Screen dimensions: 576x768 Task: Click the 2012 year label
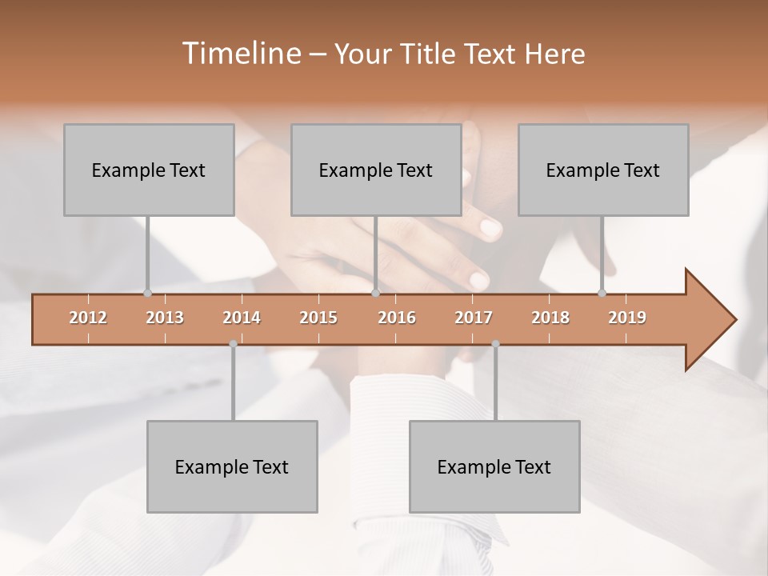coord(88,318)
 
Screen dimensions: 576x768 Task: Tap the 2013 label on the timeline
coord(165,318)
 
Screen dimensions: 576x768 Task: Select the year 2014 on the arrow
coord(242,318)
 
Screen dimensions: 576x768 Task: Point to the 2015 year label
coord(318,318)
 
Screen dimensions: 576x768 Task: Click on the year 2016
coord(397,318)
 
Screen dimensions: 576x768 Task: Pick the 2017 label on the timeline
coord(474,318)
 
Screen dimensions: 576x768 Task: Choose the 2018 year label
coord(550,318)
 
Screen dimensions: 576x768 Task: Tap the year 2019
coord(627,318)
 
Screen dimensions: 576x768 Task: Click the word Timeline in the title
coord(239,54)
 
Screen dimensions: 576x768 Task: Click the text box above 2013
coord(149,170)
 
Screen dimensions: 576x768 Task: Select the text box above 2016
coord(376,170)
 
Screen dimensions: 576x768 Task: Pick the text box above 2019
coord(603,170)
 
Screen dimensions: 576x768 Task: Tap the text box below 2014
coord(232,466)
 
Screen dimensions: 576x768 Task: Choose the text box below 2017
coord(494,466)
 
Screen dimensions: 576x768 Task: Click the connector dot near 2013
coord(147,293)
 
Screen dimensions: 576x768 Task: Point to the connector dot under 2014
coord(233,344)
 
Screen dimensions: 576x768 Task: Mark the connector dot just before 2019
coord(602,293)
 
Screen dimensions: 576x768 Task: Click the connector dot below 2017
coord(495,344)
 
